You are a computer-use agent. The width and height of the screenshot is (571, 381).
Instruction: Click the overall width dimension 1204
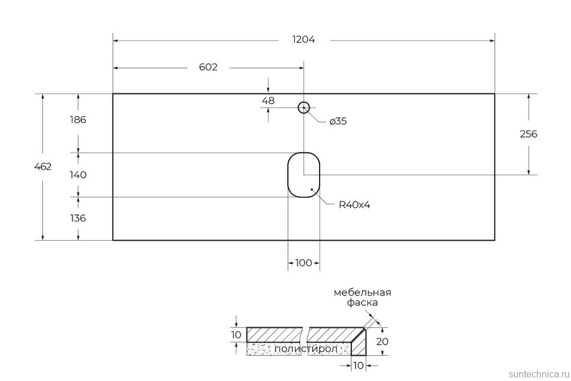pos(304,40)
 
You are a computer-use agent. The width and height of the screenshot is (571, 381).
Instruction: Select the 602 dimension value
pos(208,67)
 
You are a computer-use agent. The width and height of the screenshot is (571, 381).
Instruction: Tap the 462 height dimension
pos(43,167)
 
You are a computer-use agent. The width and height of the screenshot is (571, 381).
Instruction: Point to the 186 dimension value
pos(77,120)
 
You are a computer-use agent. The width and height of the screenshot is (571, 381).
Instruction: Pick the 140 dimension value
pos(77,175)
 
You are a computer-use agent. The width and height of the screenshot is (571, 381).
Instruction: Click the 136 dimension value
pos(77,218)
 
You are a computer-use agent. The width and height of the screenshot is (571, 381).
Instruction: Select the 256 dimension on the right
pos(528,134)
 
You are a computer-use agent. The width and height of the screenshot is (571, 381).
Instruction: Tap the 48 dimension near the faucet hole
pos(268,101)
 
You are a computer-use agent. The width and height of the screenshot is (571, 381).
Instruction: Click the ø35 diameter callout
pos(338,121)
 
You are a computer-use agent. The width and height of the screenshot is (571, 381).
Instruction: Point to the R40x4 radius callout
pos(354,205)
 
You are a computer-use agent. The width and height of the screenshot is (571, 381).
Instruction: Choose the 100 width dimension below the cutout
pos(303,263)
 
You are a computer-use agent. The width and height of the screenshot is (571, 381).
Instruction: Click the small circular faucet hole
pos(304,107)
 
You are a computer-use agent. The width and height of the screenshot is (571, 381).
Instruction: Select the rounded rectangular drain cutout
pos(303,175)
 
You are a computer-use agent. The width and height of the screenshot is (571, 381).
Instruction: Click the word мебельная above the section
pos(362,292)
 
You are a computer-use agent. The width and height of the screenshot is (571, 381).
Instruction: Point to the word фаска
pos(362,303)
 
